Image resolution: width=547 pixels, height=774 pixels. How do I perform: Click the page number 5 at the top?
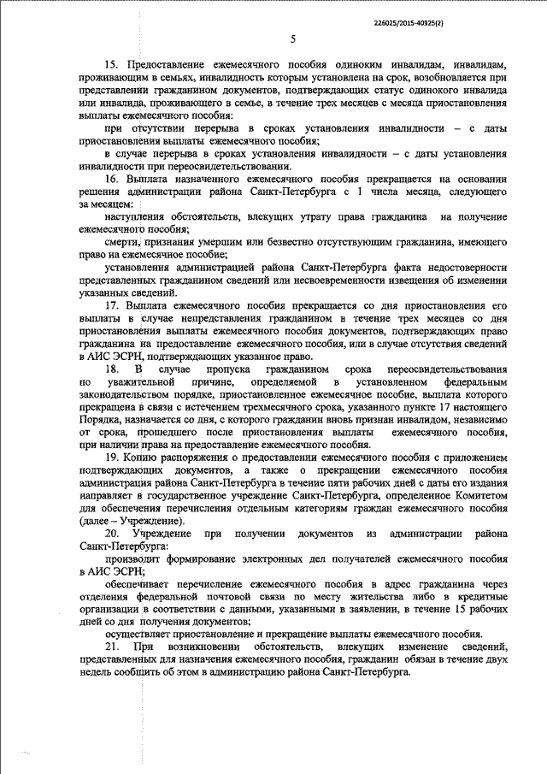(x=292, y=39)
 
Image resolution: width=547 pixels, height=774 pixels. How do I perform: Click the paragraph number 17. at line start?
(x=112, y=304)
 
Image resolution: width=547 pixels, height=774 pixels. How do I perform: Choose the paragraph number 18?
(x=111, y=367)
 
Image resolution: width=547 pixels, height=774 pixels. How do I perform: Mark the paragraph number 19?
(x=112, y=458)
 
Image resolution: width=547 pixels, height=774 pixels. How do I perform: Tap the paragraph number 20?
(x=112, y=533)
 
